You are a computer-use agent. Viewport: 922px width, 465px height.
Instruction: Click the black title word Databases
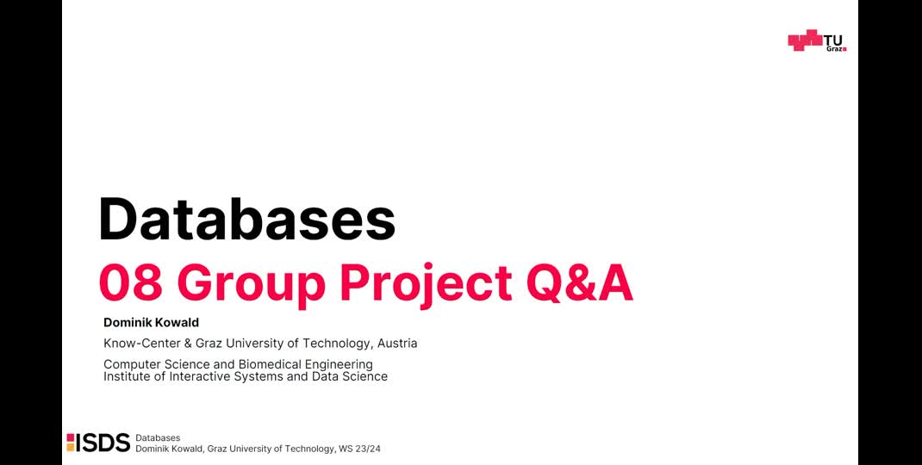pos(246,220)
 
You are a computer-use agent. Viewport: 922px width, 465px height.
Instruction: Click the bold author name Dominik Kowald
pos(151,323)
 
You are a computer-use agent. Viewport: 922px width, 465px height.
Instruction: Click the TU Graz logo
pos(817,41)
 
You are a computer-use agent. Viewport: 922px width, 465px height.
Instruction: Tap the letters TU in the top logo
pos(833,40)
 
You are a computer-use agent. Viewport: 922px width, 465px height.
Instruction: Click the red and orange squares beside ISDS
pos(71,443)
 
